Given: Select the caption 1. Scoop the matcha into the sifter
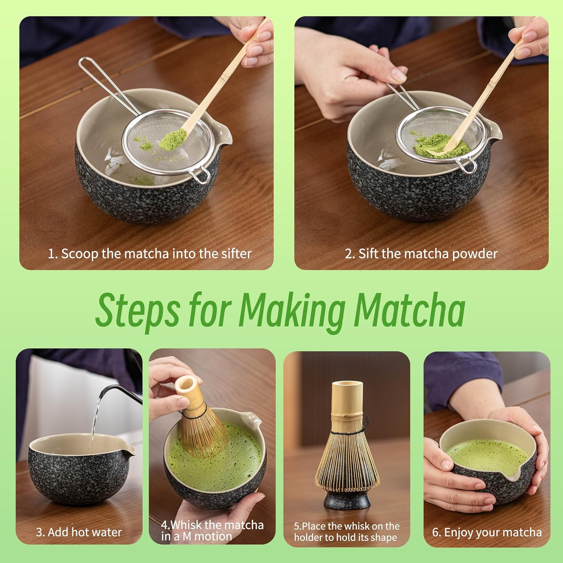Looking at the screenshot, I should (x=149, y=254).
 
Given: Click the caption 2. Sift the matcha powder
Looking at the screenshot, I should (x=421, y=254).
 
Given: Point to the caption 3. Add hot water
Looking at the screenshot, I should (x=79, y=532).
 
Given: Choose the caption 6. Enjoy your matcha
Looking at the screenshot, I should (x=487, y=532).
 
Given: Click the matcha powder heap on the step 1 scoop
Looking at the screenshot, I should (x=172, y=139).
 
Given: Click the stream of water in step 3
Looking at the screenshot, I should (x=95, y=420).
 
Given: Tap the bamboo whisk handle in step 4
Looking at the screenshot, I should (x=190, y=392).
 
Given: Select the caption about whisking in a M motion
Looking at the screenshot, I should (x=212, y=530).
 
